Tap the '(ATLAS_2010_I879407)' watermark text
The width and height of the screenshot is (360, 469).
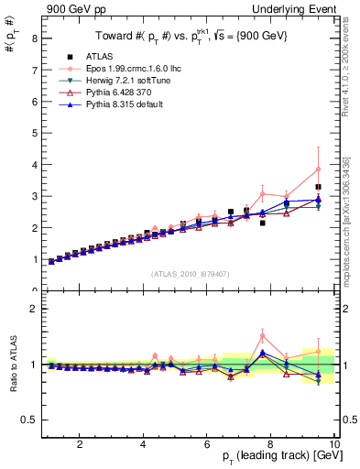[190, 274]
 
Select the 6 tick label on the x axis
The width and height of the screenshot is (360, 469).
[207, 444]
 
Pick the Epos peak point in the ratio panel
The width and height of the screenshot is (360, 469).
[262, 335]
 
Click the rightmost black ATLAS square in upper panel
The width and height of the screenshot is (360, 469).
[318, 187]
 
